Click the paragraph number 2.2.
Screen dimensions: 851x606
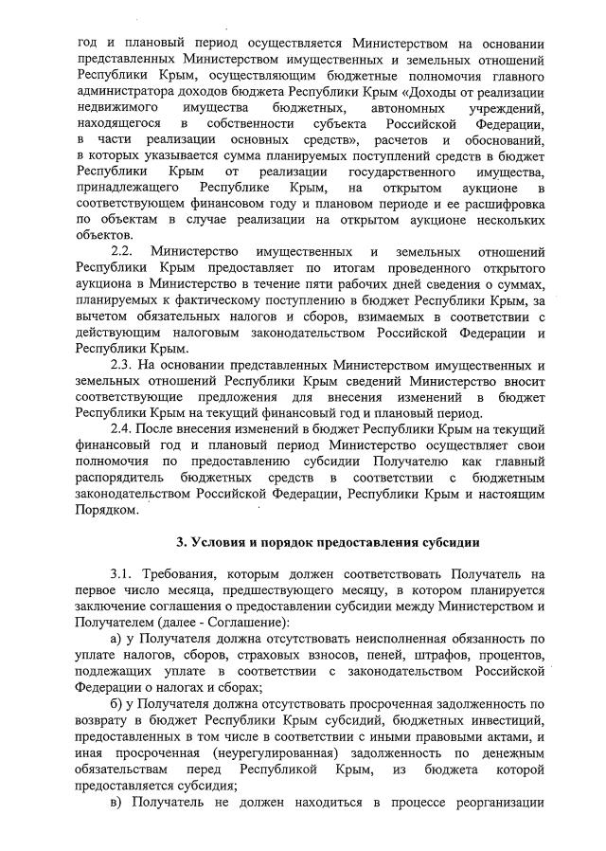123,251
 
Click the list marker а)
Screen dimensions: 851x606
116,640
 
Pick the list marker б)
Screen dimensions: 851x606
116,704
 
